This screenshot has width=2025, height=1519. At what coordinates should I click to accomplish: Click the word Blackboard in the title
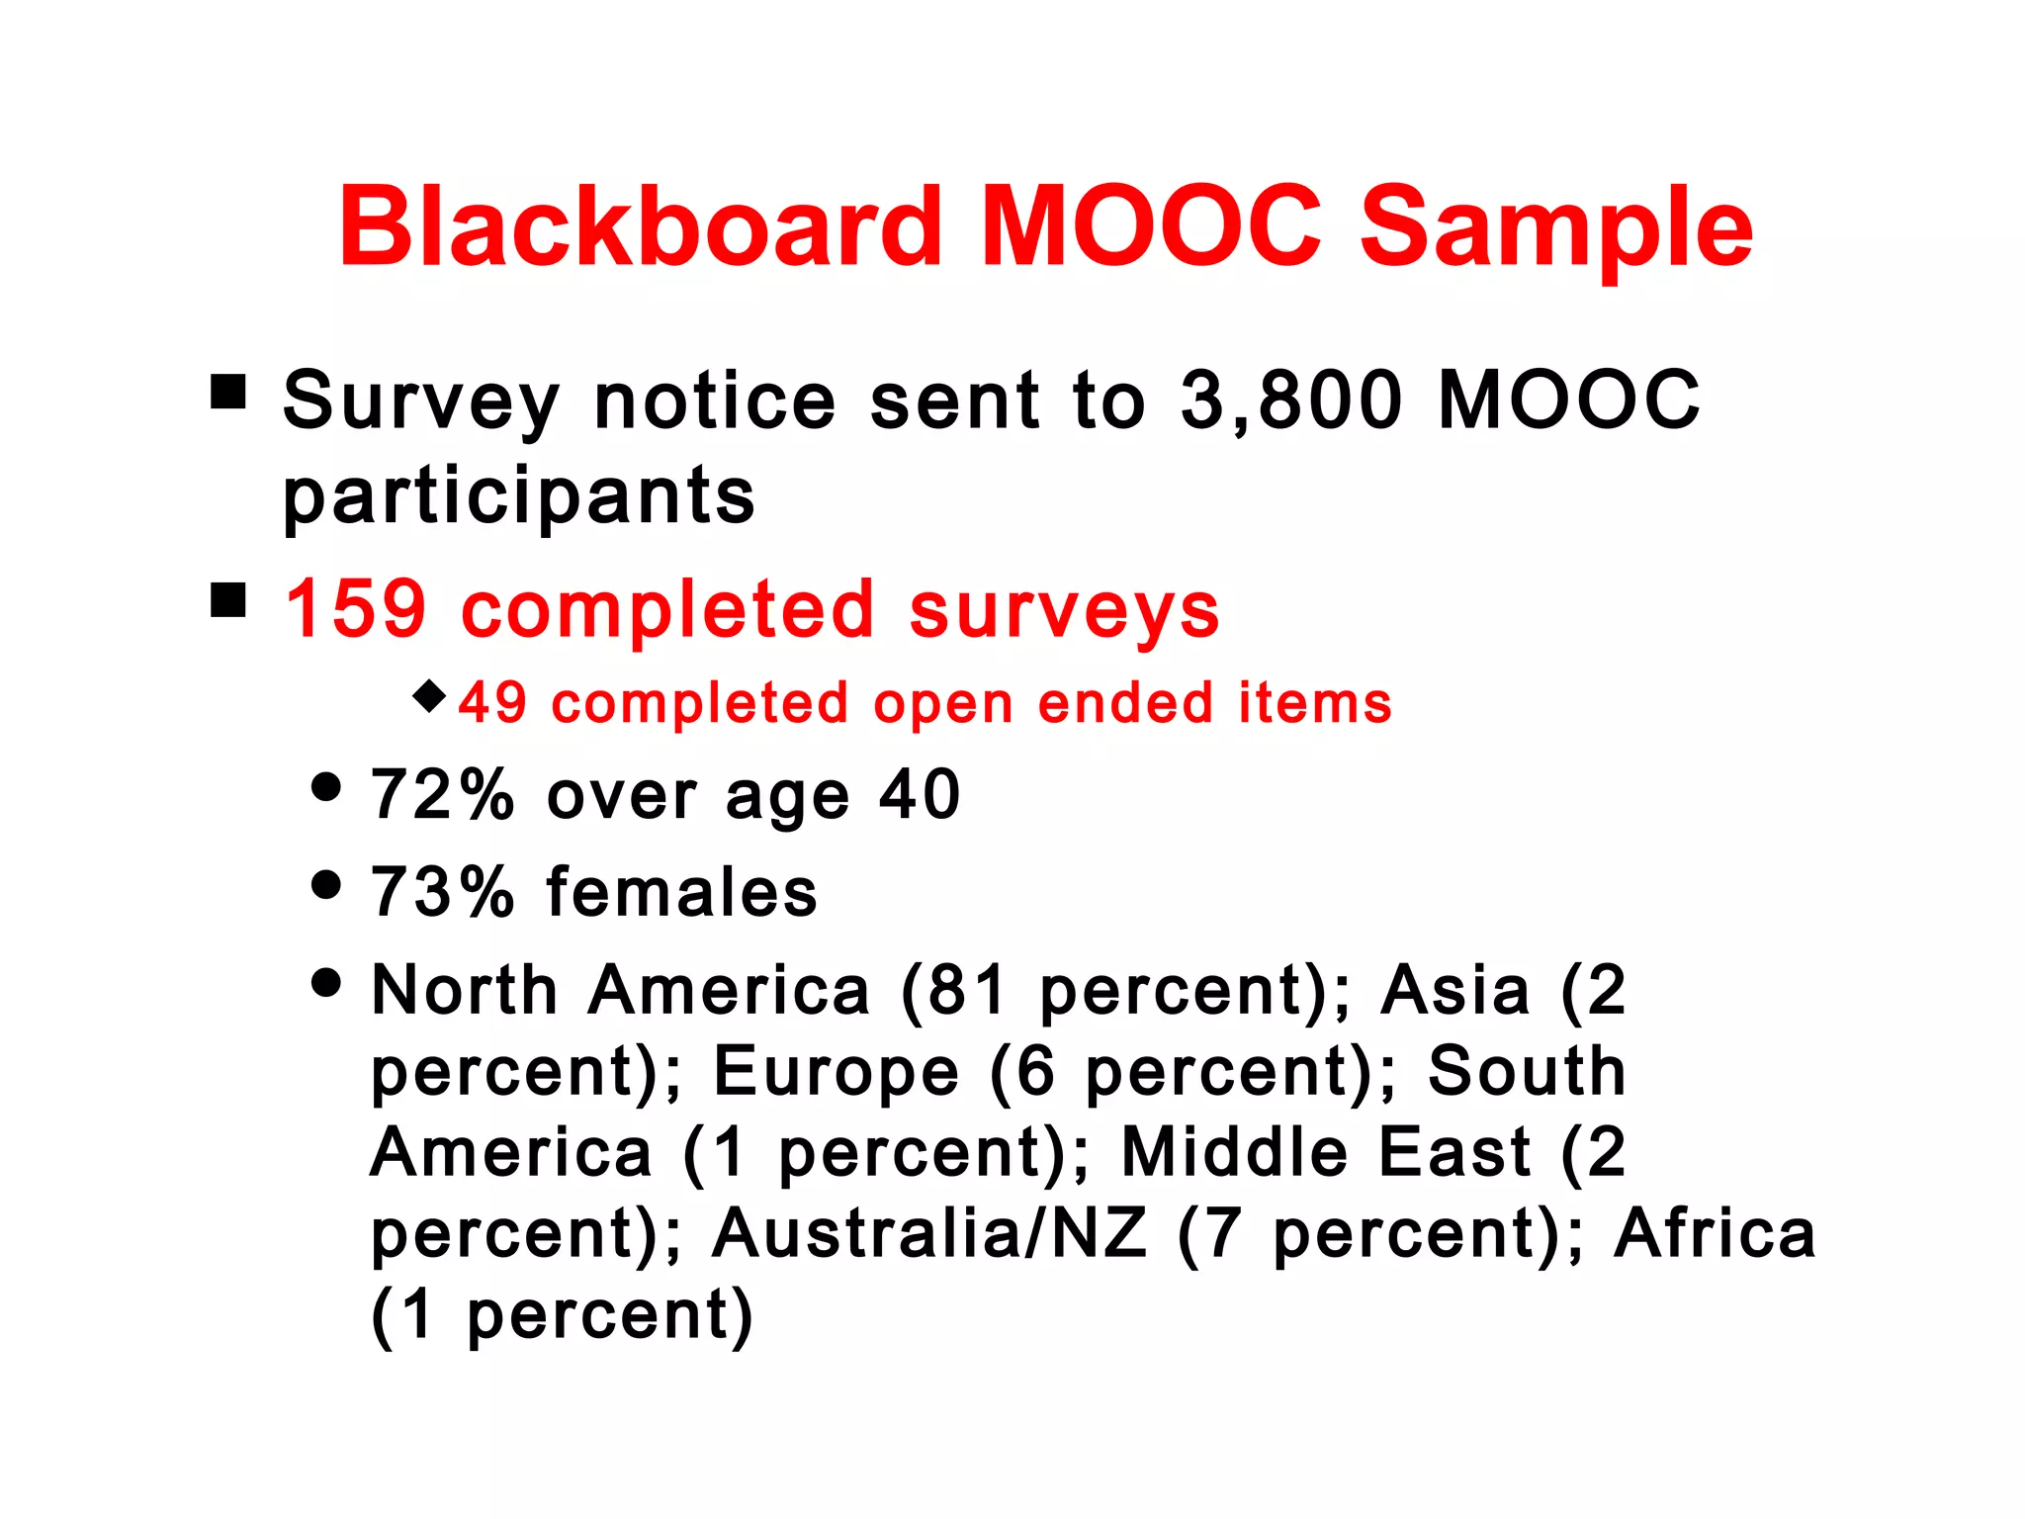641,227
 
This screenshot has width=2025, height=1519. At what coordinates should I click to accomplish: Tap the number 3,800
1291,401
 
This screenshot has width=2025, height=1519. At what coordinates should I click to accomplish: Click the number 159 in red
356,609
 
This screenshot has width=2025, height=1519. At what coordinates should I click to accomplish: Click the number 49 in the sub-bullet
492,703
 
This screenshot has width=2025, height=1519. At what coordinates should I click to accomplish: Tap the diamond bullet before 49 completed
429,695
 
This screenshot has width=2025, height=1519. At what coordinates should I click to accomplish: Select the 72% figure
443,794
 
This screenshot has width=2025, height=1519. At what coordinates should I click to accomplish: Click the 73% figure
443,892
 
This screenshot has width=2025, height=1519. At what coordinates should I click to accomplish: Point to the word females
682,892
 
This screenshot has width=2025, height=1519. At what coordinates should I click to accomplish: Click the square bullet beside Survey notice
228,392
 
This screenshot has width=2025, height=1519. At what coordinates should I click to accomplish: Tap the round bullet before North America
325,982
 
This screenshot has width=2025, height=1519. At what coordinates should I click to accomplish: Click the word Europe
836,1072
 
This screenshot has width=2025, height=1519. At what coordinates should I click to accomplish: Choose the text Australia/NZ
929,1234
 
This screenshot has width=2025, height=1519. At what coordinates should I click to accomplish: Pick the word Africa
1715,1234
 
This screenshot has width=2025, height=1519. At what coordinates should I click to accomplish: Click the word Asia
1455,990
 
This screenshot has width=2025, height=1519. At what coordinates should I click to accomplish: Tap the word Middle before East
1234,1153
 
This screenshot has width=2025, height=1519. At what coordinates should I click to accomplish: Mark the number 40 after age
920,794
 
